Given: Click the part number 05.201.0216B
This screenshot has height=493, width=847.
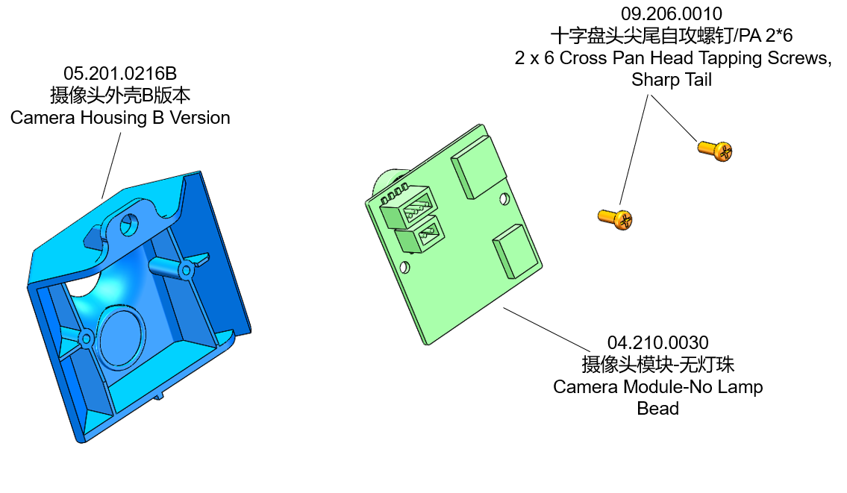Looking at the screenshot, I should [119, 74].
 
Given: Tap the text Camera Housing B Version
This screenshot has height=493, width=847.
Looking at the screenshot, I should [119, 118].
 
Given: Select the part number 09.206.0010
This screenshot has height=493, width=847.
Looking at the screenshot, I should [672, 14].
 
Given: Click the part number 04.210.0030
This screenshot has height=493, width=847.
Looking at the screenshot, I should [657, 343].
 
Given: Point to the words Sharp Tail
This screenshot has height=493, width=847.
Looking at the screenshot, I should [672, 80].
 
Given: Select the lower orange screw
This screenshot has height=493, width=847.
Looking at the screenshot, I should [616, 218].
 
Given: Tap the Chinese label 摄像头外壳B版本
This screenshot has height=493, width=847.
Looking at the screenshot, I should [119, 95].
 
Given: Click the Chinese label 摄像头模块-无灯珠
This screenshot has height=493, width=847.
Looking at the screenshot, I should [657, 365].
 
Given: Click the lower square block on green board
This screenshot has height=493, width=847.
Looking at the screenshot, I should [516, 250].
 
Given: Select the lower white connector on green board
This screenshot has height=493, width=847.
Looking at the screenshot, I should [421, 239].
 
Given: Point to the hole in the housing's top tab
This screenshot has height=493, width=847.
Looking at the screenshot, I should [129, 224].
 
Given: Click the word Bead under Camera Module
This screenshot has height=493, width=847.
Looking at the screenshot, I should [657, 409].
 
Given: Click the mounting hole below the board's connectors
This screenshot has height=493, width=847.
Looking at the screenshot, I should [405, 266].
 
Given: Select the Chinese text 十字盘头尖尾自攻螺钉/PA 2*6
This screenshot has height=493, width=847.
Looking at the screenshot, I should [672, 36].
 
